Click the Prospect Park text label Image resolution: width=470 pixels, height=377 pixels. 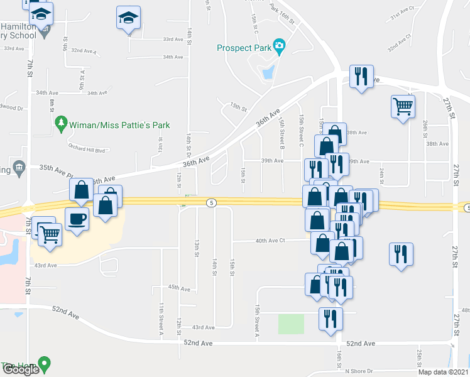point(243,47)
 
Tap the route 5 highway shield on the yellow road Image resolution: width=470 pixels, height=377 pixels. point(212,202)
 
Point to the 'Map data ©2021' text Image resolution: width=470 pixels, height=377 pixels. point(444,372)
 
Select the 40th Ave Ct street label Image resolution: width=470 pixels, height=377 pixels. point(270,240)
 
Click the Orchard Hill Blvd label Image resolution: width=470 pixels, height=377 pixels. point(86,150)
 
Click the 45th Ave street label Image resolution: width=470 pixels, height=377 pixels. point(179,287)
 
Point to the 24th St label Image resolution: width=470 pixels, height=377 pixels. point(381,171)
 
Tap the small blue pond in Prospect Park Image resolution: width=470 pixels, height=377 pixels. point(268,72)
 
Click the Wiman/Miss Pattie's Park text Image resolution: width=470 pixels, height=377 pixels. point(120,125)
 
